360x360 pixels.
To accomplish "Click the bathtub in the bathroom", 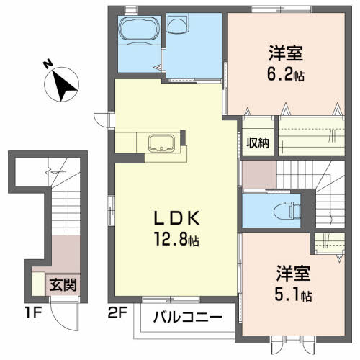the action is click(140, 30).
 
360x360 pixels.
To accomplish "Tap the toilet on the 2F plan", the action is click(287, 211).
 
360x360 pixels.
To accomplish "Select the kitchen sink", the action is click(161, 143).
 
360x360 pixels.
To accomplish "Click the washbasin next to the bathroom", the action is click(177, 23).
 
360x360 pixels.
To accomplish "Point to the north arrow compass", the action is click(61, 84).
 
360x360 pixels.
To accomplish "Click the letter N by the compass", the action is click(48, 63).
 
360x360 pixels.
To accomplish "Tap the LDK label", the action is click(176, 217).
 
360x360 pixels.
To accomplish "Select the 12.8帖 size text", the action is click(177, 239).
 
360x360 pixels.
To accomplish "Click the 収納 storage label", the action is click(258, 143).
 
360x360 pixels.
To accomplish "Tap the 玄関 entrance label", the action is click(63, 285).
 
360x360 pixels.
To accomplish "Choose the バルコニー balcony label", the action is click(188, 318).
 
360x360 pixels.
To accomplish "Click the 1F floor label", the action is click(33, 312).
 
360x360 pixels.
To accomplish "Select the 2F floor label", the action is click(117, 312).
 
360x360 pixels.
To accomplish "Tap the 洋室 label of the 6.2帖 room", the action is click(286, 53).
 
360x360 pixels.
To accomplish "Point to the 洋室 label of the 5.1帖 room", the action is click(293, 274).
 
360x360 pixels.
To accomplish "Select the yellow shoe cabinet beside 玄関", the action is click(38, 284).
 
